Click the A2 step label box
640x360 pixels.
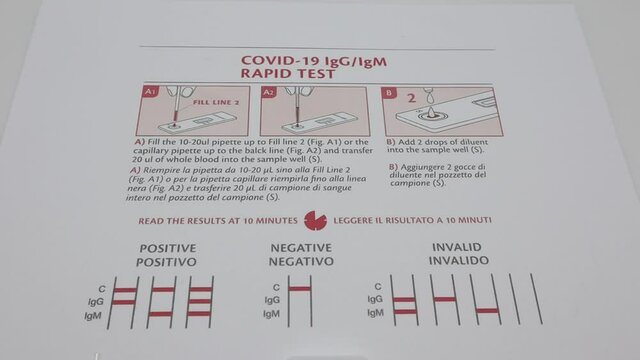tap(269, 92)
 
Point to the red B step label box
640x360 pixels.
tap(389, 92)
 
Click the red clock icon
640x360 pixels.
tap(315, 219)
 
